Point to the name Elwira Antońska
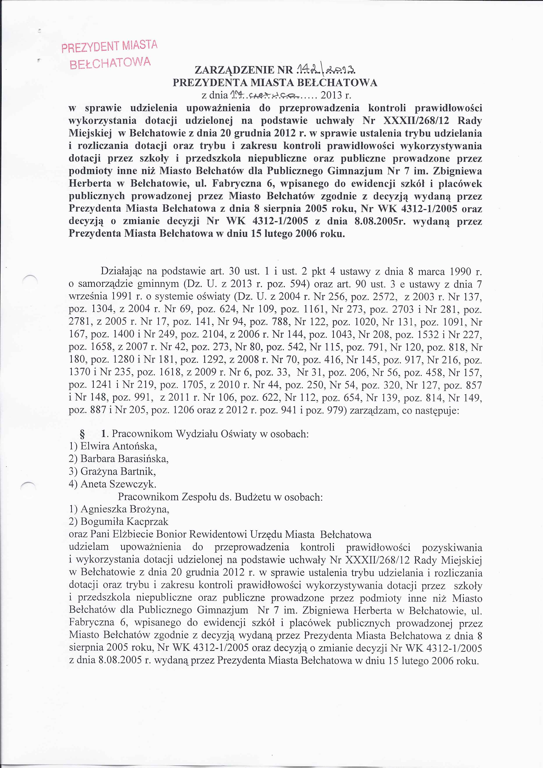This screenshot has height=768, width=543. tap(119, 446)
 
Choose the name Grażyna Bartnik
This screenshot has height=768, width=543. tap(118, 471)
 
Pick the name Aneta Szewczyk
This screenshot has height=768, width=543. tap(118, 484)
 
